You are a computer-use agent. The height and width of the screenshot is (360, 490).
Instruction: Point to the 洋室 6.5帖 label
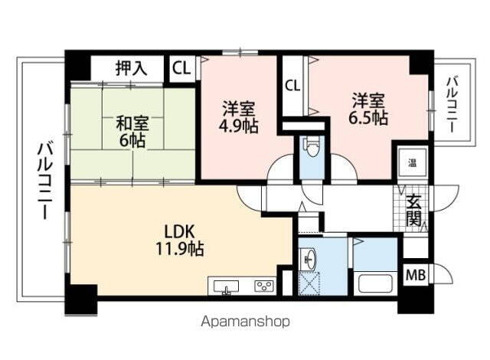point(369,109)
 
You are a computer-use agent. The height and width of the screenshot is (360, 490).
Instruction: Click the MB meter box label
point(415,274)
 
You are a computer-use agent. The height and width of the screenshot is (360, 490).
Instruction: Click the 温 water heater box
point(412,162)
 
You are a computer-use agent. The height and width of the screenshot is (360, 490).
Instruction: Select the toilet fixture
point(311,149)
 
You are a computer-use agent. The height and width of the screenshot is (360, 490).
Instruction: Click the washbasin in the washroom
point(312,258)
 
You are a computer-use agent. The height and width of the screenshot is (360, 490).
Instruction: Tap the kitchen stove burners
point(264,286)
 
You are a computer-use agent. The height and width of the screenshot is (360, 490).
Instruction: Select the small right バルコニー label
point(452,103)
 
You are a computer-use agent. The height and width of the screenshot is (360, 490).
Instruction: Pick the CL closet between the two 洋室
point(292,85)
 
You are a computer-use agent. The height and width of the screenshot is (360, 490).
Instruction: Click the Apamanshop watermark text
point(246,322)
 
